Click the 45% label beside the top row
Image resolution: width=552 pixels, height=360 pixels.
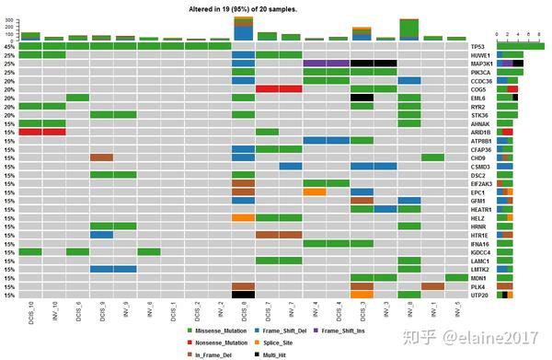pyautogui.click(x=8, y=45)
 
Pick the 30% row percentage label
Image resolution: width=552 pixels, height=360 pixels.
pyautogui.click(x=8, y=54)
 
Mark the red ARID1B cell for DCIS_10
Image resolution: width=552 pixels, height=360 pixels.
pyautogui.click(x=30, y=132)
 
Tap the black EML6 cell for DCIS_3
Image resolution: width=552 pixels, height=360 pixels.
pyautogui.click(x=362, y=98)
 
